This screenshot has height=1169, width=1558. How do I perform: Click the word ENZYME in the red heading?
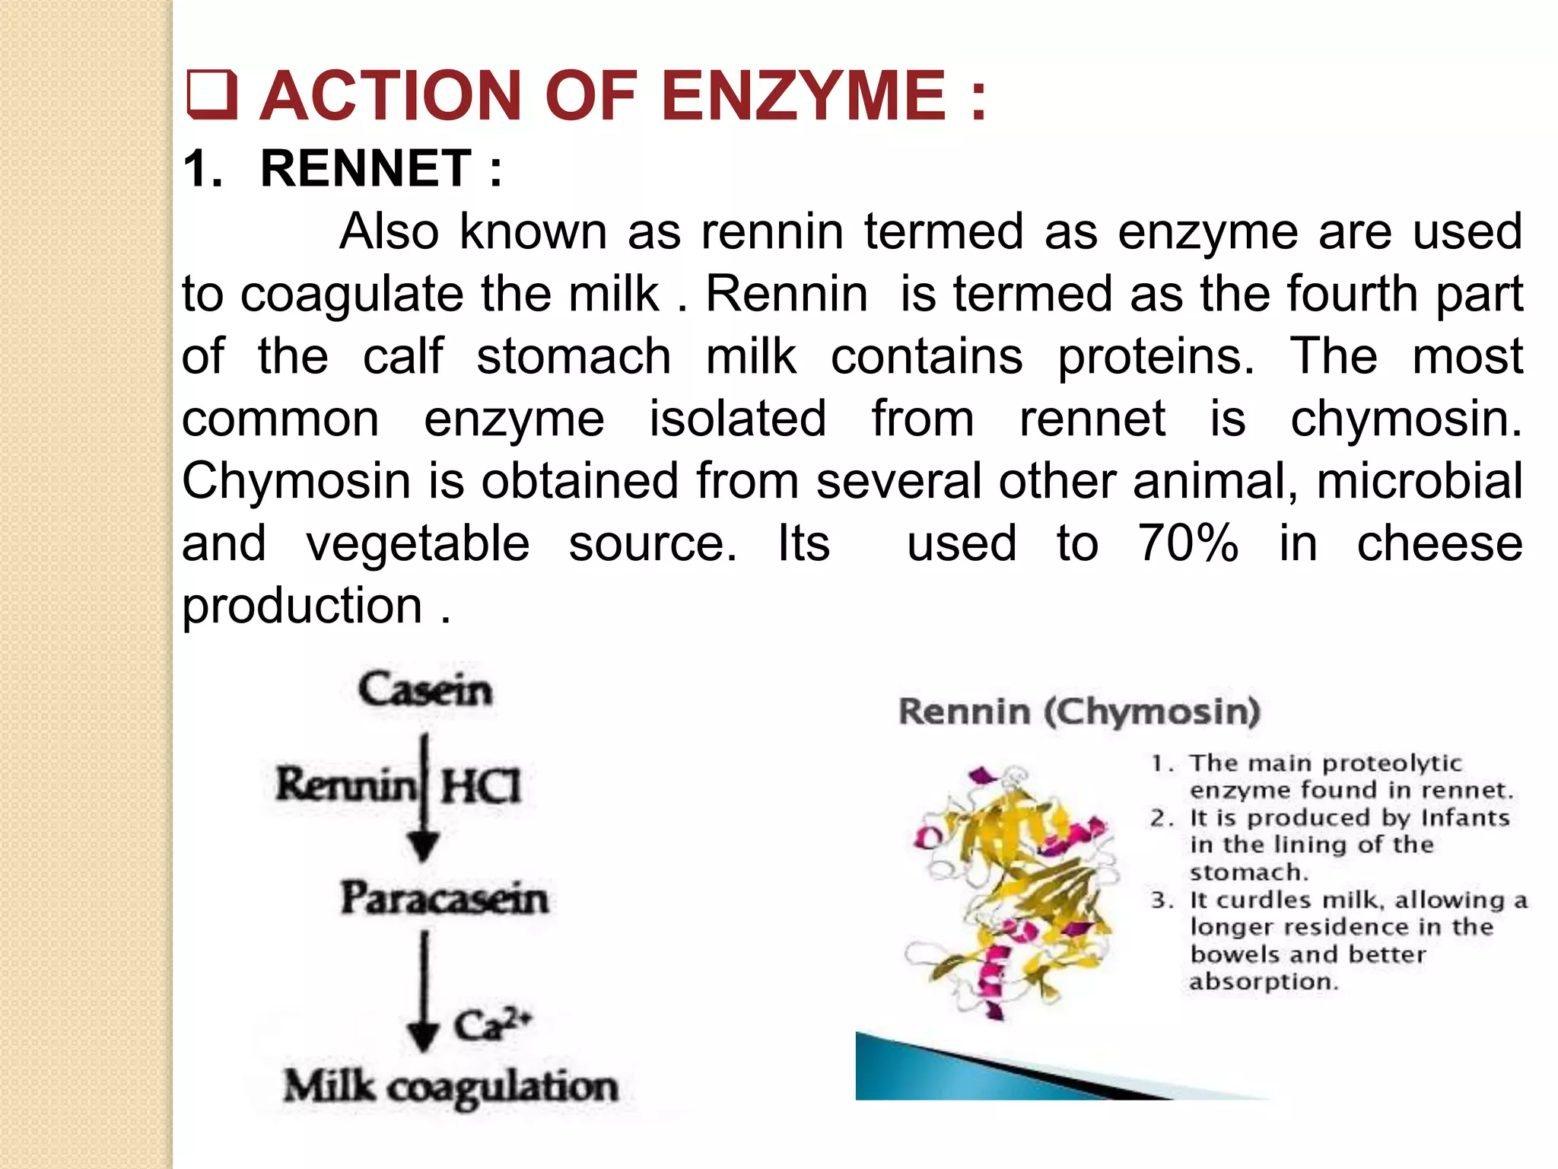click(803, 96)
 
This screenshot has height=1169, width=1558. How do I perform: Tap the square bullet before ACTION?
click(211, 96)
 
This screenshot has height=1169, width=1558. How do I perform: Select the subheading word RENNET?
click(366, 168)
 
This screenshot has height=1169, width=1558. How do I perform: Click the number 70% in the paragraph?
click(1188, 543)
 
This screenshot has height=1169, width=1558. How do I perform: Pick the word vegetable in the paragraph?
click(418, 543)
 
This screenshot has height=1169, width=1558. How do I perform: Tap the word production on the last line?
click(302, 606)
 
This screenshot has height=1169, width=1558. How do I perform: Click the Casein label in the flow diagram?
click(425, 690)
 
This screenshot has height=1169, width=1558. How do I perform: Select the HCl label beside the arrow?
click(481, 786)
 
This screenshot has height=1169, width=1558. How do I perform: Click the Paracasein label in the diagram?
click(444, 898)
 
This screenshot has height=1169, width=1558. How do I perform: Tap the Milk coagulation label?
click(450, 1086)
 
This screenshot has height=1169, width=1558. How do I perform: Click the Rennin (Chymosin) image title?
click(1079, 712)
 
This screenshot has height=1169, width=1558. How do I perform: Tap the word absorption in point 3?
click(1264, 982)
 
